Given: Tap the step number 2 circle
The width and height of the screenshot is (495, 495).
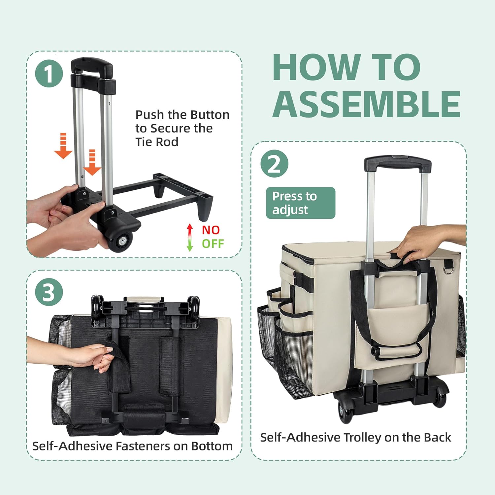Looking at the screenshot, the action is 274,164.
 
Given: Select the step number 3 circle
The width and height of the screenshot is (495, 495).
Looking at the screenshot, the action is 49,292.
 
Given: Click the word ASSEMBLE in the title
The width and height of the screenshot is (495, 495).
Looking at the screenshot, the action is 366,104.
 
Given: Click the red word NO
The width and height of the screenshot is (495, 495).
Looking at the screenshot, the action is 211,230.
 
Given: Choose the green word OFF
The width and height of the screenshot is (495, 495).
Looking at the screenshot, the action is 213,244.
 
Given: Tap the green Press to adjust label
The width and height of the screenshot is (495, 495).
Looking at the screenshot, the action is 301,203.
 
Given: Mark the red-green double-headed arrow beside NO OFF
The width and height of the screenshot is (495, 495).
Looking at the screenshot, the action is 190,238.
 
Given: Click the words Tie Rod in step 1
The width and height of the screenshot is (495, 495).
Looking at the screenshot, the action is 157,142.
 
